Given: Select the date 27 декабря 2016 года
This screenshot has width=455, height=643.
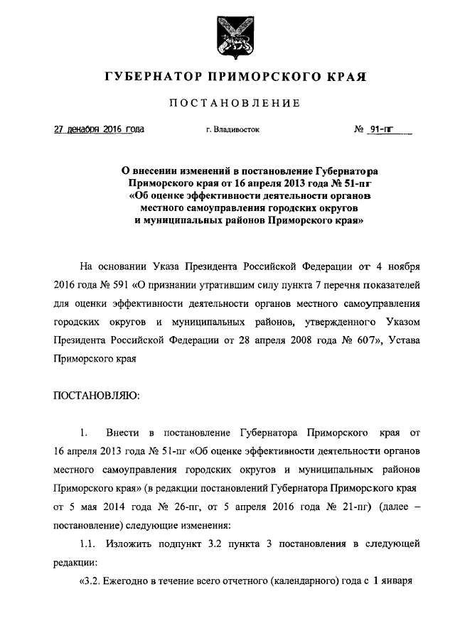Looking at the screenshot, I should pyautogui.click(x=100, y=129).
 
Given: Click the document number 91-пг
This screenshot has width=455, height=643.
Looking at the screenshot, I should pyautogui.click(x=382, y=129).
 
